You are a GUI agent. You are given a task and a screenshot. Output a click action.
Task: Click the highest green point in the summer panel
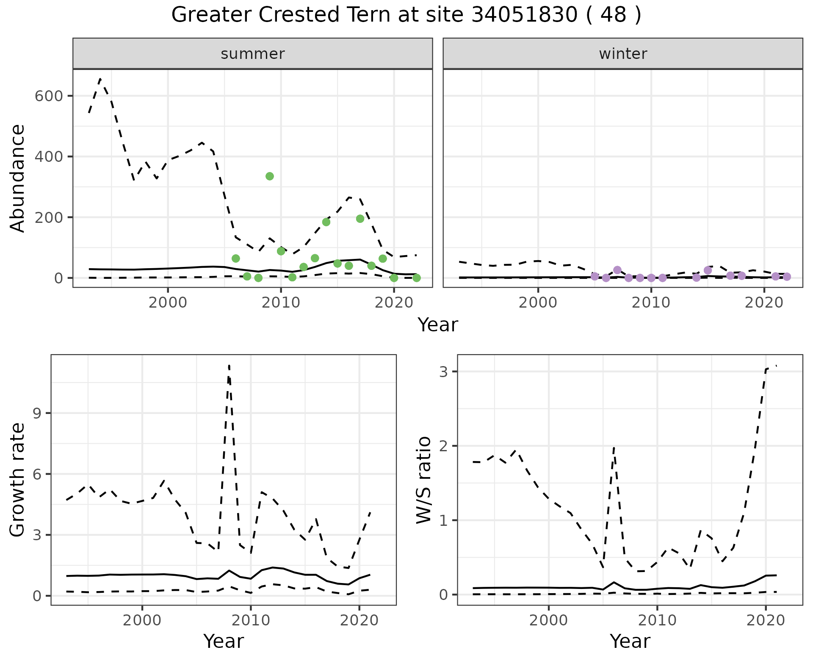click(270, 176)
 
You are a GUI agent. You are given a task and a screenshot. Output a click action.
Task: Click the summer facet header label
click(253, 54)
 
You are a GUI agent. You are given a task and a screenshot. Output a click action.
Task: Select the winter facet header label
click(623, 54)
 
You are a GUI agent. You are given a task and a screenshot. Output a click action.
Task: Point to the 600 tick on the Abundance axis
click(49, 96)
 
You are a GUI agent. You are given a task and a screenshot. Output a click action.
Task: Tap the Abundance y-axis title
click(18, 178)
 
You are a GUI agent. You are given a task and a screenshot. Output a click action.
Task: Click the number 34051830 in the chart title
click(524, 16)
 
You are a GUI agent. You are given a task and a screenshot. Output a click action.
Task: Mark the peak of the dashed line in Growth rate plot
click(229, 365)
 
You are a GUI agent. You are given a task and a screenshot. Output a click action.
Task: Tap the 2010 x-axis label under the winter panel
click(651, 303)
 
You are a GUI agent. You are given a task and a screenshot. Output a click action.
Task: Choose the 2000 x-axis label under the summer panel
click(168, 303)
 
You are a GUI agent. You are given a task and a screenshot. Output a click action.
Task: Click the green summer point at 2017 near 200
click(360, 219)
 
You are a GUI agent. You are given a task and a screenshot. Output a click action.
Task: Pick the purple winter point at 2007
click(617, 270)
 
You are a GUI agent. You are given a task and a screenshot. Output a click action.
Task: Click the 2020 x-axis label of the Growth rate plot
click(359, 621)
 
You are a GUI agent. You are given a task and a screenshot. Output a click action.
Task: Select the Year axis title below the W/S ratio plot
click(630, 642)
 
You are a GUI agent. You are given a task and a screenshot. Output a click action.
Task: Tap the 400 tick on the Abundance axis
click(49, 157)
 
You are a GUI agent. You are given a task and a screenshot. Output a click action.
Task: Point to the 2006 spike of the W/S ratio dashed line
click(614, 447)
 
